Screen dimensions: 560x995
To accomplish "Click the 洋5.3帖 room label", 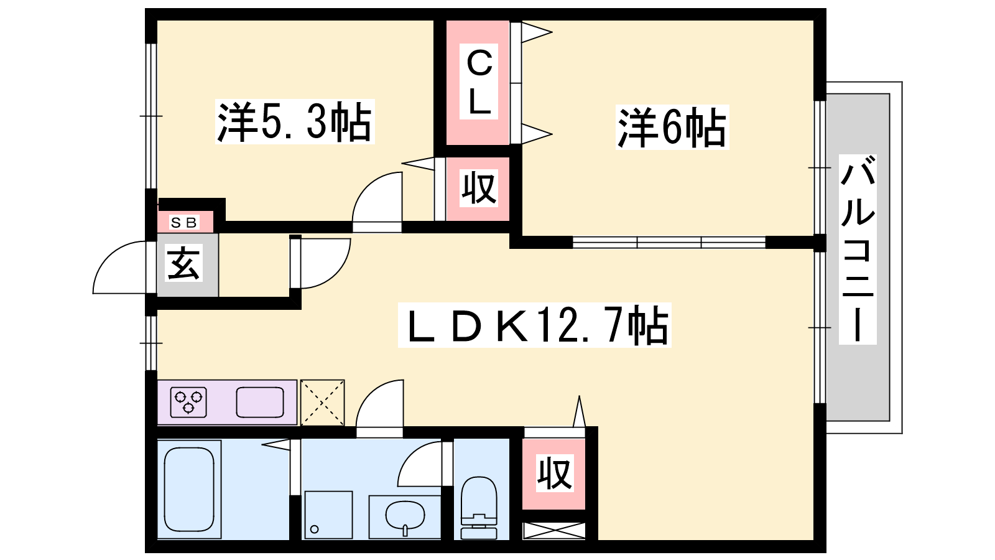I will pyautogui.click(x=294, y=121).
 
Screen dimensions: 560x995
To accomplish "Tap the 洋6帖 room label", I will pyautogui.click(x=671, y=128).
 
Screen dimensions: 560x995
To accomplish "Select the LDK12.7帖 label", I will pyautogui.click(x=535, y=325).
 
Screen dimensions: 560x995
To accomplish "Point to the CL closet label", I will pyautogui.click(x=479, y=82).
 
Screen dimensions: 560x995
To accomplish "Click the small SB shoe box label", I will pyautogui.click(x=184, y=222).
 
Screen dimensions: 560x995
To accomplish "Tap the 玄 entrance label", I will pyautogui.click(x=184, y=264).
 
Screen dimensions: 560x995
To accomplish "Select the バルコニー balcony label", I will pyautogui.click(x=858, y=249).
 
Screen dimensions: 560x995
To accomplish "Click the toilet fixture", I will pyautogui.click(x=479, y=507).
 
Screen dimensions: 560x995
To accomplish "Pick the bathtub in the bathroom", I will pyautogui.click(x=189, y=490).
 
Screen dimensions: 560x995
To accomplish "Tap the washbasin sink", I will pyautogui.click(x=405, y=516).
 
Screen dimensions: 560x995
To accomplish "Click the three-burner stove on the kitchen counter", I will pyautogui.click(x=188, y=402).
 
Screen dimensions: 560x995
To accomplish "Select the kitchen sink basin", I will pyautogui.click(x=260, y=402).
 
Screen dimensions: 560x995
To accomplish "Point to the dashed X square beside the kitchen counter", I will pyautogui.click(x=322, y=402).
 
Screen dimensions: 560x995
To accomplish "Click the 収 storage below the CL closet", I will pyautogui.click(x=478, y=188).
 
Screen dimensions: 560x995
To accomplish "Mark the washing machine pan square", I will pyautogui.click(x=328, y=515).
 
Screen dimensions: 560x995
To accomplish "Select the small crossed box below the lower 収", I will pyautogui.click(x=553, y=531).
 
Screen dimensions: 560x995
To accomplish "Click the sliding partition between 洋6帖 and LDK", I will pyautogui.click(x=669, y=242).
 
